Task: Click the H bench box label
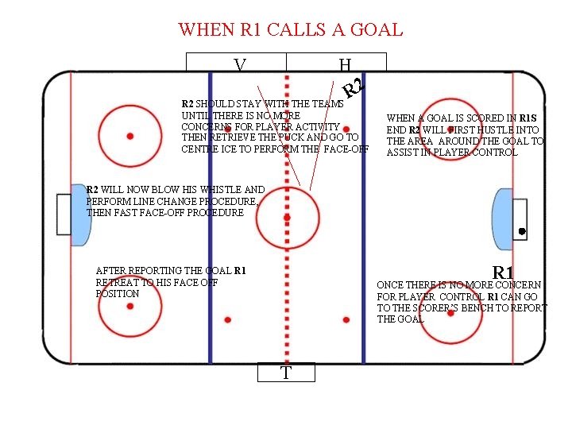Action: (344, 64)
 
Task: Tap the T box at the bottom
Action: (286, 373)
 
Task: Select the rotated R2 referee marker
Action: (354, 88)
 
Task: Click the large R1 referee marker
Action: (504, 273)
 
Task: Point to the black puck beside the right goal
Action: (521, 231)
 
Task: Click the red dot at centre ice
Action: (287, 216)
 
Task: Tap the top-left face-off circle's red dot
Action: (130, 136)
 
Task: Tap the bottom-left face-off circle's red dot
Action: (130, 306)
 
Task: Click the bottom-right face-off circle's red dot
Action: (450, 312)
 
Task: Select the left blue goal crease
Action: (79, 214)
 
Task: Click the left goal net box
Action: (64, 214)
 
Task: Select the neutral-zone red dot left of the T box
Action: (228, 319)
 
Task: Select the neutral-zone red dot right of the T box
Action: (346, 319)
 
